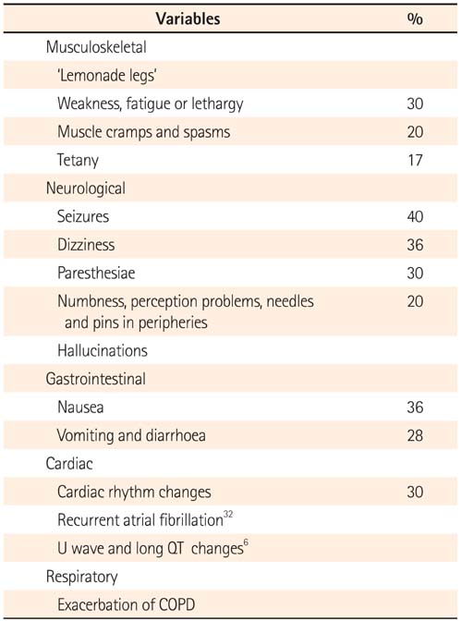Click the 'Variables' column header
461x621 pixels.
click(188, 18)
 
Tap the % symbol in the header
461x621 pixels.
click(415, 19)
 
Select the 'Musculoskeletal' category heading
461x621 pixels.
click(96, 47)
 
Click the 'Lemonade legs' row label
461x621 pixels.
click(107, 75)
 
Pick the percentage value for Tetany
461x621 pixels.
click(415, 160)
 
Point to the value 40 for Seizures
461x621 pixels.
click(415, 216)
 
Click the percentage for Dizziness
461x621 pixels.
click(415, 245)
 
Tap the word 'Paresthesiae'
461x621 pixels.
click(96, 273)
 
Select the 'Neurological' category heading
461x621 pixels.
click(86, 189)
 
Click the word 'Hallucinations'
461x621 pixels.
click(103, 350)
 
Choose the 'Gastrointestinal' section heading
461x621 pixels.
click(96, 379)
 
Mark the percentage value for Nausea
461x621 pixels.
click(415, 408)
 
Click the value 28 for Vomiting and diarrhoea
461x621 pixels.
click(415, 435)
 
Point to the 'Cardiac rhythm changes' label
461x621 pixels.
click(134, 492)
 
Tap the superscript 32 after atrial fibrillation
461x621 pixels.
click(228, 515)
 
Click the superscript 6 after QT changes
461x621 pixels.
click(246, 542)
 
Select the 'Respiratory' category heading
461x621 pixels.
click(81, 577)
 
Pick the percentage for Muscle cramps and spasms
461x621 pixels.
click(415, 132)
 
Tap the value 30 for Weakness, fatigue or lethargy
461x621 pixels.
click(415, 103)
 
